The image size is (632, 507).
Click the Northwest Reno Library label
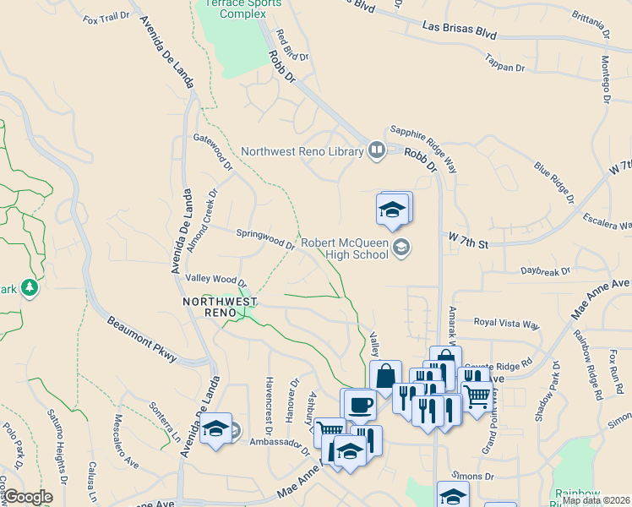[301, 152]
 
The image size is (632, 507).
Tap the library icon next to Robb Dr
[376, 151]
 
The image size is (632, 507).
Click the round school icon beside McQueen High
[400, 247]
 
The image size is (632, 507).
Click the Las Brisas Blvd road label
[459, 31]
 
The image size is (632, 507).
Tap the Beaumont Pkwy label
[142, 340]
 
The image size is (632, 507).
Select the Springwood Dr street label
[264, 239]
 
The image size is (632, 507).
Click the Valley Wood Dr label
[215, 280]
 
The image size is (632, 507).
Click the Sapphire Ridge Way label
[422, 148]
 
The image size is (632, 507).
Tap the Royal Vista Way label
[506, 324]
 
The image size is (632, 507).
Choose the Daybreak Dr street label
[546, 271]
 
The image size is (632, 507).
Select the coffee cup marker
[360, 404]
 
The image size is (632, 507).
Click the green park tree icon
[30, 288]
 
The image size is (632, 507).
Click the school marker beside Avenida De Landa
[216, 430]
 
